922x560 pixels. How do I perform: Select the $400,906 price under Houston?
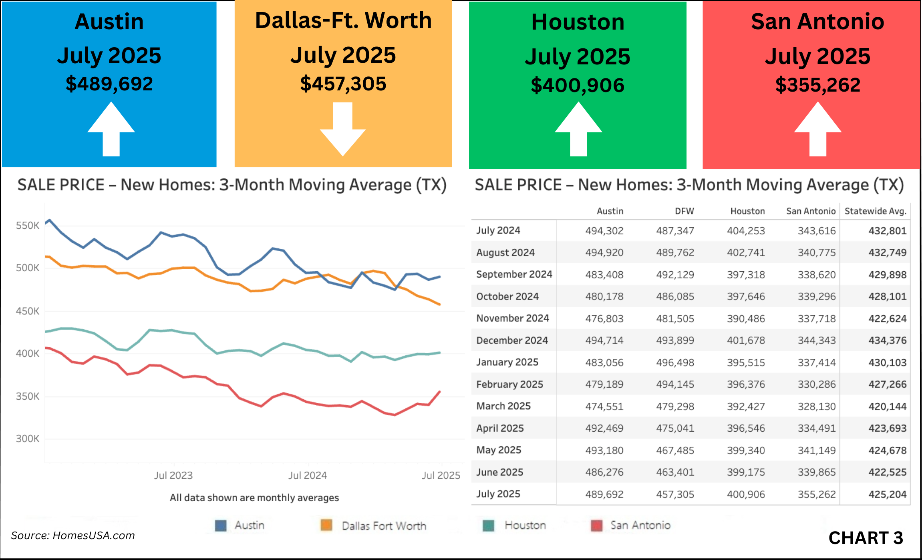coord(578,86)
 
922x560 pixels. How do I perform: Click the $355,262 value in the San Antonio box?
coord(817,85)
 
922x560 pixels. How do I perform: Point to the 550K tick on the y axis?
coord(28,226)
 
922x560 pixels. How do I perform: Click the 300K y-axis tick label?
coord(28,439)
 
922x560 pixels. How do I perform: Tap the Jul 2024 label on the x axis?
coord(308,475)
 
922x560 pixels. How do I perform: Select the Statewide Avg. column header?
coord(875,211)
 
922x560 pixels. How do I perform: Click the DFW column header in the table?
coord(684,211)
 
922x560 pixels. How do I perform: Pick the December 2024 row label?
coord(512,340)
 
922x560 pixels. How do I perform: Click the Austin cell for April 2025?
coord(604,428)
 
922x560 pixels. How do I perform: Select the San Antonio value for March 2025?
coord(816,406)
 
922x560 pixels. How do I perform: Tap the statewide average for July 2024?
coord(887,231)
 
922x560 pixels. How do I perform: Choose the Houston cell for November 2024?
coord(746,319)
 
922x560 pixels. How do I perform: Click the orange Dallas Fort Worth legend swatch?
coord(326,525)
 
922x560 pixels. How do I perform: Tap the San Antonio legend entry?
coord(640,525)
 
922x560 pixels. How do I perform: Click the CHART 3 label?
coord(866,538)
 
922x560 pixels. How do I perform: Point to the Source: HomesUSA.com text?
coord(73,536)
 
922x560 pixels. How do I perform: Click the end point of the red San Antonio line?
coord(440,392)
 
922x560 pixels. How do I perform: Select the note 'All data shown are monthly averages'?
coord(254,498)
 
